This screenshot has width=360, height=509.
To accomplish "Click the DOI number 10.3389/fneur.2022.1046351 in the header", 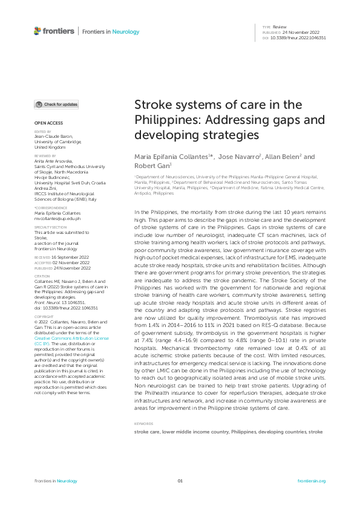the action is (x=300, y=37).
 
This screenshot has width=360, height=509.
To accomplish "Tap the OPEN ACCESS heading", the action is (x=48, y=123).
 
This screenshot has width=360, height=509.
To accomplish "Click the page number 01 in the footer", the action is (x=180, y=481).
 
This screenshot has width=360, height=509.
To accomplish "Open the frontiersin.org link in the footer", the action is (x=312, y=481).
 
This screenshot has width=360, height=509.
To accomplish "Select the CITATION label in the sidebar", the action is (x=42, y=276).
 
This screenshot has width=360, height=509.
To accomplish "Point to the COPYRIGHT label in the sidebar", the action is (x=44, y=316).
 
